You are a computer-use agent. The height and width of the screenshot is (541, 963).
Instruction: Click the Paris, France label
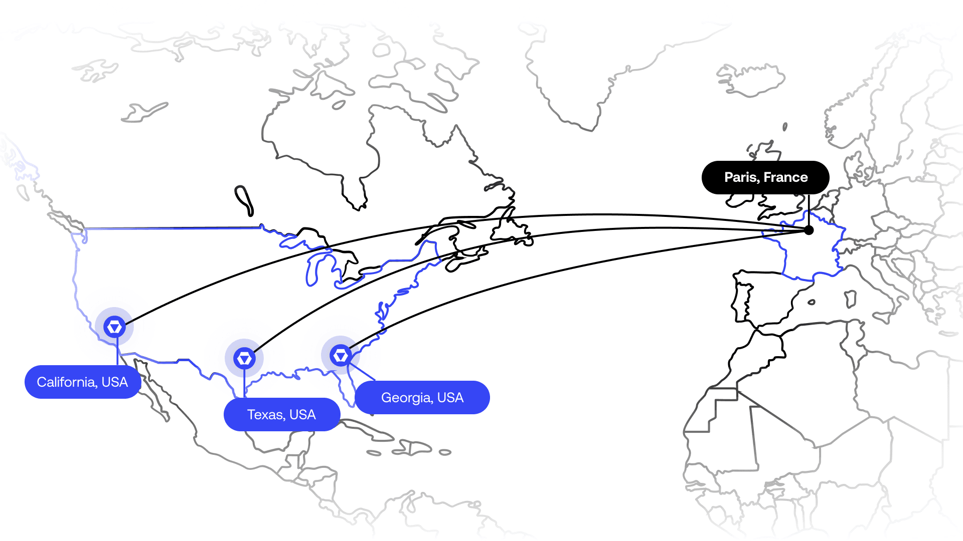(x=765, y=177)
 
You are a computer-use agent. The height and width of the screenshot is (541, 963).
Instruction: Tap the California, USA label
(x=83, y=382)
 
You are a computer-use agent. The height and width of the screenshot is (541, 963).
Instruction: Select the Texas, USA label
(x=282, y=415)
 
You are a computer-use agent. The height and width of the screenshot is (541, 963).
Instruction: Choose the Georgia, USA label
(x=422, y=398)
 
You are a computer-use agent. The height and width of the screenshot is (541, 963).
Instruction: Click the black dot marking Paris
(x=809, y=230)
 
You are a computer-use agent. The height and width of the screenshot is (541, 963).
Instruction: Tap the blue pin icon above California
(x=114, y=327)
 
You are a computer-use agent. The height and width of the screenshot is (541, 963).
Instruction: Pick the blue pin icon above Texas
(x=244, y=358)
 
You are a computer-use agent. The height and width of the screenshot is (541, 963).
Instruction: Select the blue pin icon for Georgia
(x=341, y=356)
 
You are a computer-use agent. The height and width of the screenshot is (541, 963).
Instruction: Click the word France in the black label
(x=786, y=177)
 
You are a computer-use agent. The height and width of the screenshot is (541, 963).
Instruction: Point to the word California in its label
(x=67, y=382)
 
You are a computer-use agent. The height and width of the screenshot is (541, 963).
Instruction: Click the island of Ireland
(x=740, y=199)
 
